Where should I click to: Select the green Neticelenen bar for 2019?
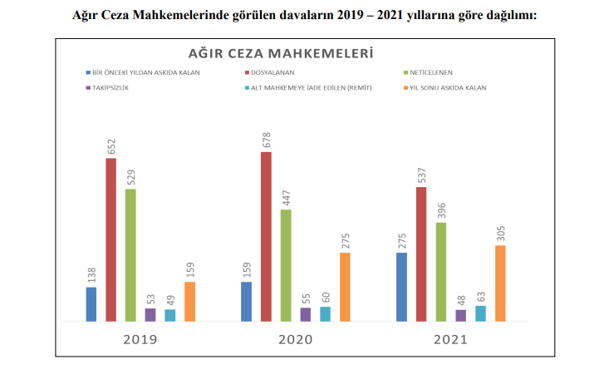pyautogui.click(x=130, y=254)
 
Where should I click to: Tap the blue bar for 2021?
pyautogui.click(x=401, y=287)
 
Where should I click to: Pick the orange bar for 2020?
pyautogui.click(x=345, y=287)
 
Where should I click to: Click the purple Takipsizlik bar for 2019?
pyautogui.click(x=150, y=314)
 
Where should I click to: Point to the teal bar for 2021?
pyautogui.click(x=481, y=313)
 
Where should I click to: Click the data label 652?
pyautogui.click(x=111, y=144)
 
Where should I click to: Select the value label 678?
pyautogui.click(x=266, y=138)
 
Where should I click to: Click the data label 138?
pyautogui.click(x=91, y=273)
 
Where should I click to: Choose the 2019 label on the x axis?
pyautogui.click(x=140, y=340)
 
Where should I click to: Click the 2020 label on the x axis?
pyautogui.click(x=295, y=340)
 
